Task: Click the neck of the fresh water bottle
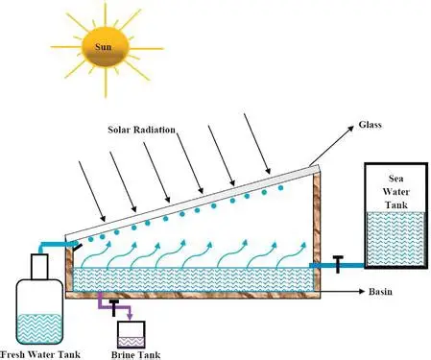tap(40, 264)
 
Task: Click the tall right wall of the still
tap(312, 230)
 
